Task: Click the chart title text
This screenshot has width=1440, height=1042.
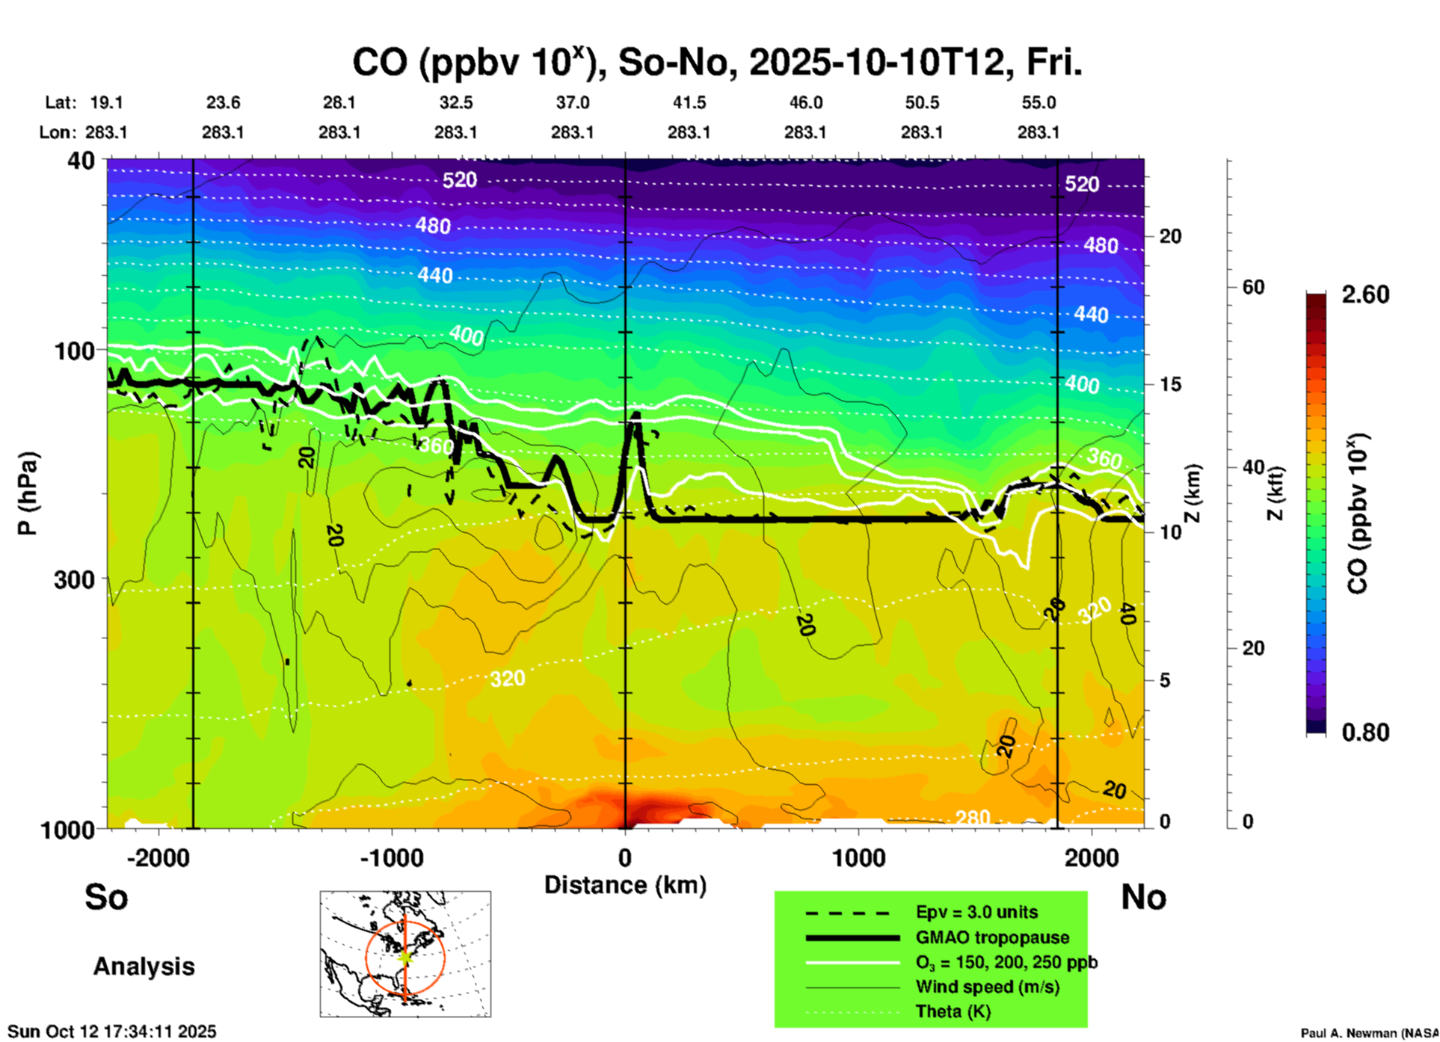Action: coord(716,63)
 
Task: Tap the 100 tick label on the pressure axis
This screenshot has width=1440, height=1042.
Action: coord(75,351)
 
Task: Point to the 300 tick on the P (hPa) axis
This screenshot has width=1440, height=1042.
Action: coord(75,579)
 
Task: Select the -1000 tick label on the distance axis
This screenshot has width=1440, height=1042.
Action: coord(392,858)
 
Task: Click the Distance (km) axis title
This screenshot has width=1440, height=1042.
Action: coord(625,885)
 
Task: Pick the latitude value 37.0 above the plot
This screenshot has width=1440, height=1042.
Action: coord(572,102)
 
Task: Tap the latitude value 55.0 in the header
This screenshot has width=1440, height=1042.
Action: coord(1038,102)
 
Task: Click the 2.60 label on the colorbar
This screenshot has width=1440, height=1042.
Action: coord(1364,295)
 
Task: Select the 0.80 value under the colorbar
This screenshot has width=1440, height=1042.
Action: coord(1364,732)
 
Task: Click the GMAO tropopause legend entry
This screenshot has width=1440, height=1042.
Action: coord(991,937)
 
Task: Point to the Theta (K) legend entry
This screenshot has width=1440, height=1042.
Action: coord(953,1011)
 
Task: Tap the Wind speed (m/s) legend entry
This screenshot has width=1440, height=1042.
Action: coord(987,987)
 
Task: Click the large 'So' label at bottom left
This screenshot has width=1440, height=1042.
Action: coord(106,897)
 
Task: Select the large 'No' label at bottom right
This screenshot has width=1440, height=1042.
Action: coord(1143,897)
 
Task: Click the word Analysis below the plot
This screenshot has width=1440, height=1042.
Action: coord(144,967)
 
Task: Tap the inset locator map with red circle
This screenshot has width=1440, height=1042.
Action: coord(405,954)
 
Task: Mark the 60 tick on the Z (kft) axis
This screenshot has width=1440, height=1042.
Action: coord(1253,287)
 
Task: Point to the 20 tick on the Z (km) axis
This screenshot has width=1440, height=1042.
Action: coord(1169,236)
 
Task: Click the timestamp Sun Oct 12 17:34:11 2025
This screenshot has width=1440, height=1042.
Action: coord(111,1032)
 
